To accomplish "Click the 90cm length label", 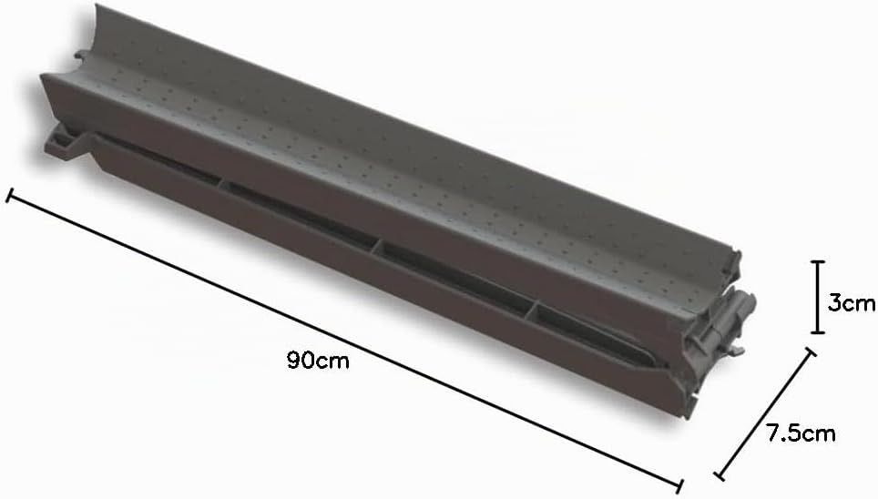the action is (318, 360).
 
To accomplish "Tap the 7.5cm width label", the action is (801, 433).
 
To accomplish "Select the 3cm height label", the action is (851, 303).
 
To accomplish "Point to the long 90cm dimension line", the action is (344, 341).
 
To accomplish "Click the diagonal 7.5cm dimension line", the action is (765, 414).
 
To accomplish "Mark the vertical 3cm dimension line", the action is (818, 298).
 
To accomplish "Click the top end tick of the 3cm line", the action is (818, 261).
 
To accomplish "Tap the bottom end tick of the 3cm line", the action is (818, 332).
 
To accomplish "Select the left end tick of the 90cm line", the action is (9, 196).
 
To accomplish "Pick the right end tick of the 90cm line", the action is (679, 486).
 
